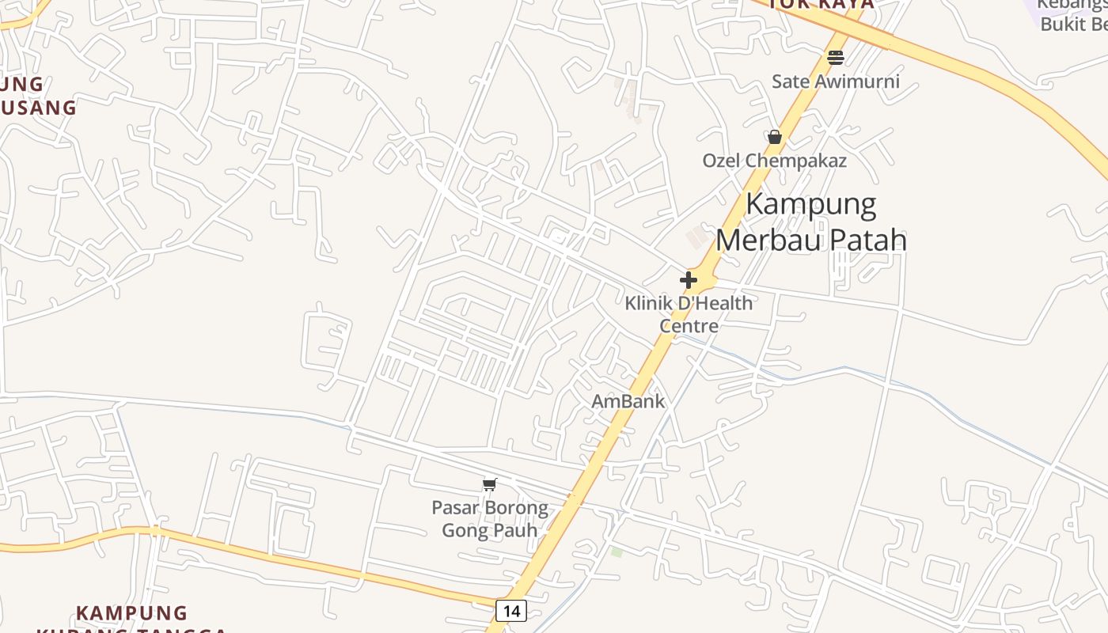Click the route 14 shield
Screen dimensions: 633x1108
point(511,610)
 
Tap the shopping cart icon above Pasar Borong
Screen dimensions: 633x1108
point(490,484)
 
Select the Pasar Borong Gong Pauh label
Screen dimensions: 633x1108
point(490,519)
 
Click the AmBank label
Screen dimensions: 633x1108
point(628,401)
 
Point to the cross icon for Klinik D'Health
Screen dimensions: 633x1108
point(689,279)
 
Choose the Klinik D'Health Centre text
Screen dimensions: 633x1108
point(689,314)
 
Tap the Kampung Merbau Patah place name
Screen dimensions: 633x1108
point(811,222)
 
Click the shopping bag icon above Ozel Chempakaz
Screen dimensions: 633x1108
point(775,137)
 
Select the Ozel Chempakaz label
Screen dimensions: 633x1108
point(775,161)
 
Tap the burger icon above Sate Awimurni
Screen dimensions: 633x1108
point(835,57)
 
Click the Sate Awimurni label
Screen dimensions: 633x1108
point(835,81)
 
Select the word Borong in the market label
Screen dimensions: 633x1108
point(517,507)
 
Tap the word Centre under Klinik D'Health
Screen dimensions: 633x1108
point(689,326)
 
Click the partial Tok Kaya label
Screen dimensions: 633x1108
point(822,5)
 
